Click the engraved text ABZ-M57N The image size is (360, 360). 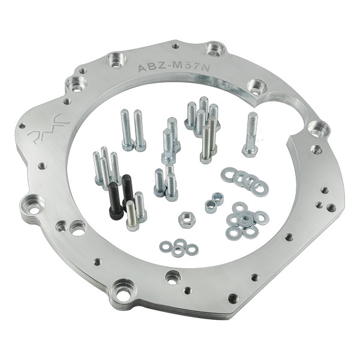[x=173, y=67]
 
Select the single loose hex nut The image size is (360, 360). [x=187, y=220]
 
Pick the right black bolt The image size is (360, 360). [x=127, y=190]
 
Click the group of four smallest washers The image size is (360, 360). [x=179, y=248]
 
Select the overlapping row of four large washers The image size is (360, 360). [x=245, y=181]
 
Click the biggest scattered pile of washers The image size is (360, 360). [x=245, y=221]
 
